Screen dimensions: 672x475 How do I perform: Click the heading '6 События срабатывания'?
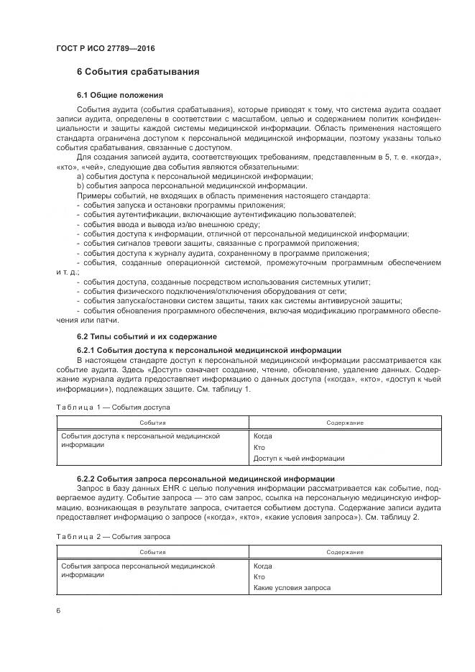[x=138, y=73]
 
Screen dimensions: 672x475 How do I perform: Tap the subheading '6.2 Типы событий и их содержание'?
[x=144, y=336]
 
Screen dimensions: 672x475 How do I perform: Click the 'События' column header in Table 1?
[x=152, y=423]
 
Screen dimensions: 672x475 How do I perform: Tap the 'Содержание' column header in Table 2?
[x=344, y=552]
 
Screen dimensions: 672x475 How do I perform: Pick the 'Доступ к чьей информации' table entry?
[x=298, y=458]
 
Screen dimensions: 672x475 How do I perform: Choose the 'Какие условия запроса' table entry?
[x=292, y=587]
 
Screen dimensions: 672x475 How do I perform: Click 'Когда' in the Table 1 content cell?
[x=262, y=436]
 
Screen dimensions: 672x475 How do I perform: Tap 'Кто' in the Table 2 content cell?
[x=259, y=576]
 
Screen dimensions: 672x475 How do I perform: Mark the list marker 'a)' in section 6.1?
[x=80, y=176]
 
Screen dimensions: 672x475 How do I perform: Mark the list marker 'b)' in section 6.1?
[x=80, y=185]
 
